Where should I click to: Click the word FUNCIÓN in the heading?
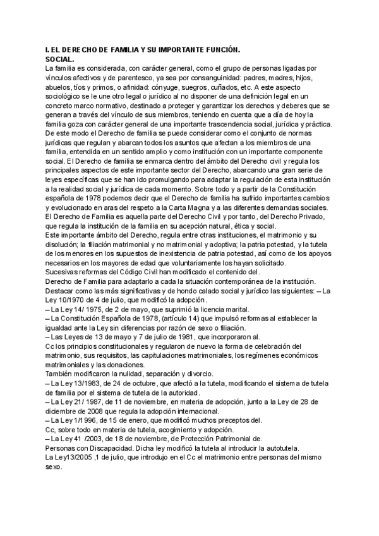coord(217,49)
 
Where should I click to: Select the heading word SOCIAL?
coord(56,58)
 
